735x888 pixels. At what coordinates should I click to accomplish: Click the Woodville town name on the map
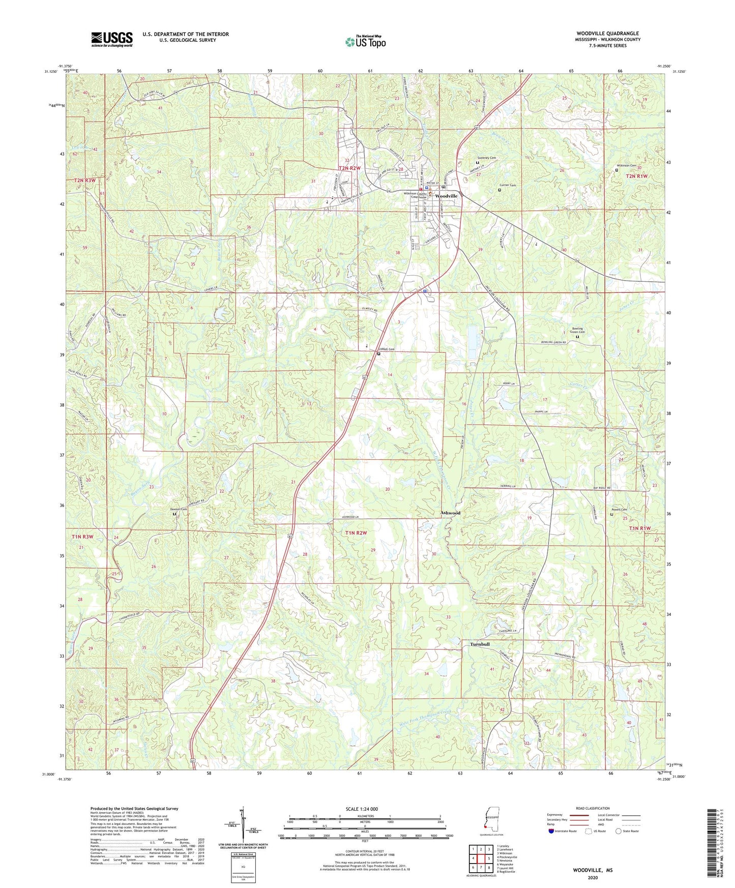(446, 196)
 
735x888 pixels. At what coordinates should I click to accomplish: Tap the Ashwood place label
(450, 513)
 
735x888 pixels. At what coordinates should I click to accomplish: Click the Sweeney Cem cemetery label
(486, 158)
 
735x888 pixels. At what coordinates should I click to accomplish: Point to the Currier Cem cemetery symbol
(499, 190)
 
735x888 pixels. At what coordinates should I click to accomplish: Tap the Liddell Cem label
(387, 349)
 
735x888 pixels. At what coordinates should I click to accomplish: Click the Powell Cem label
(620, 510)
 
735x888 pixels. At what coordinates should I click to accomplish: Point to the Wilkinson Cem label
(626, 166)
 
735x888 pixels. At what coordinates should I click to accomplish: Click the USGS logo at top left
(112, 39)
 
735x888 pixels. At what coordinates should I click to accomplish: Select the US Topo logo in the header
(365, 42)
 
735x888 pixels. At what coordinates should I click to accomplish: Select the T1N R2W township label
(356, 532)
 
